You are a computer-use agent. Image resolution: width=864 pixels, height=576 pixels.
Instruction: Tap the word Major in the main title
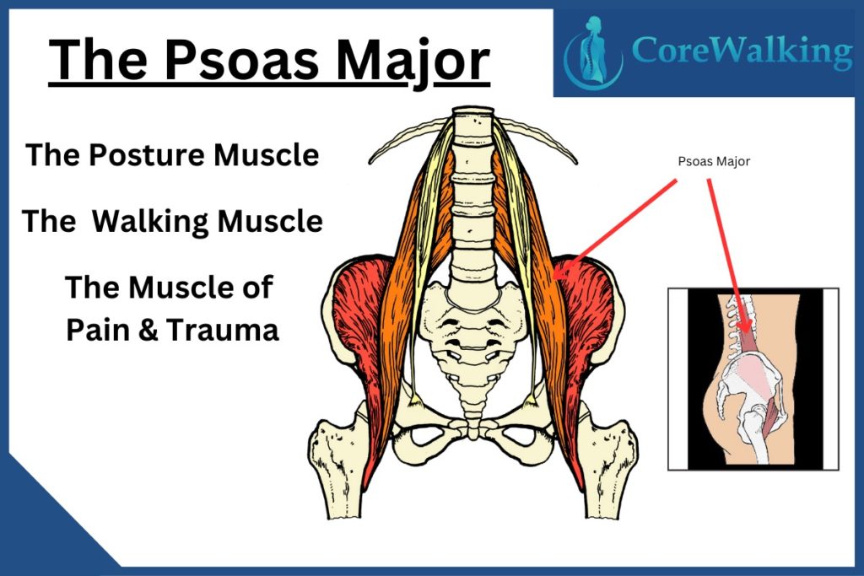(413, 62)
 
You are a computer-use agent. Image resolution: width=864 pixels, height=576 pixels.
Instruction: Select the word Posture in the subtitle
(148, 154)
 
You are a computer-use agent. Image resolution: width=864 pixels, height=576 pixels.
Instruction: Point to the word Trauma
(222, 330)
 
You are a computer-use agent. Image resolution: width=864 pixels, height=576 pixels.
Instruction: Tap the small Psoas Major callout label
(714, 161)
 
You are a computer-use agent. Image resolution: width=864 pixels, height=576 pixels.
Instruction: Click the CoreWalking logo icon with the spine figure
(593, 52)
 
